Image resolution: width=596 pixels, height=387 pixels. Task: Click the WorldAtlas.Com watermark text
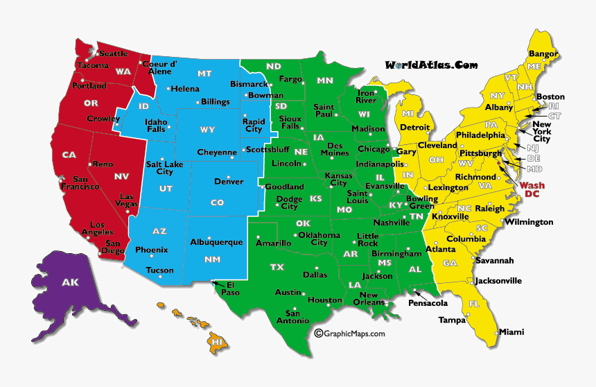(431, 65)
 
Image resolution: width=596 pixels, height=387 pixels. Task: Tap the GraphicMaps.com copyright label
(349, 334)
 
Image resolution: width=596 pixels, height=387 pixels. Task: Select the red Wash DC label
(532, 189)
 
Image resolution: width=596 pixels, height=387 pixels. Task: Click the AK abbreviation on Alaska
(70, 282)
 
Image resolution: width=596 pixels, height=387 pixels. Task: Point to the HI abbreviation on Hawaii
(218, 342)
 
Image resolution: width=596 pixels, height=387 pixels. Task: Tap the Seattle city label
(113, 53)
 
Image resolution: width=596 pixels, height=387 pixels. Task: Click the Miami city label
(511, 332)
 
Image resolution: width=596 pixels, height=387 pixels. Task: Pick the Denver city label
(229, 182)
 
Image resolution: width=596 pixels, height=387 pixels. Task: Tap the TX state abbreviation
(277, 267)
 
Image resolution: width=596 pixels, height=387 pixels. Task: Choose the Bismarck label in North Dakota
(248, 84)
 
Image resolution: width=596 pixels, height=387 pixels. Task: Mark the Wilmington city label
(528, 222)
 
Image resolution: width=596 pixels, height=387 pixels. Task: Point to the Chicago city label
(374, 149)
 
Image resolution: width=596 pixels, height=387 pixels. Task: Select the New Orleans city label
(369, 299)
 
